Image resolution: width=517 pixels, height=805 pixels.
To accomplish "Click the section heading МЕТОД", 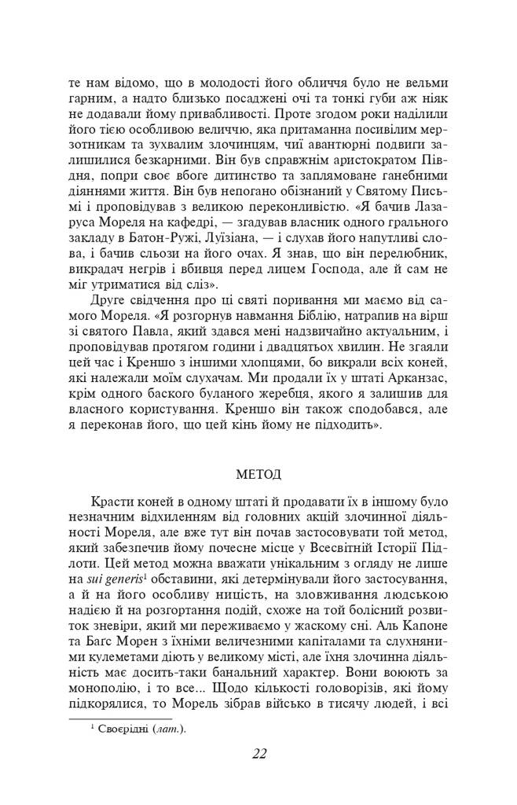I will coord(258,476).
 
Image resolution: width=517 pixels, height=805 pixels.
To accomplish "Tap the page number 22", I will coord(259,754).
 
